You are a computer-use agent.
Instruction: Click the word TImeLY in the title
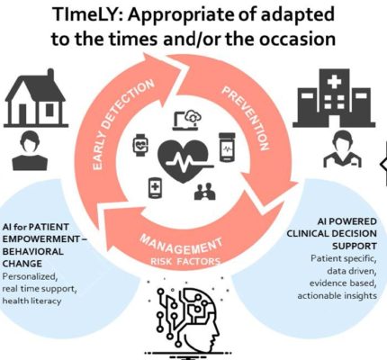[x=86, y=14]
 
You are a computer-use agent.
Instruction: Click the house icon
[x=35, y=98]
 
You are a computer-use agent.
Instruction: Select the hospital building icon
[x=334, y=98]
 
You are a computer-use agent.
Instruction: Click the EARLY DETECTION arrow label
[x=123, y=124]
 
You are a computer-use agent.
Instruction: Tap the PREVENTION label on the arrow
[x=246, y=118]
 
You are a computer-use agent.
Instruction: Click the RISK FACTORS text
[x=185, y=262]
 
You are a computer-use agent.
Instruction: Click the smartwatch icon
[x=140, y=145]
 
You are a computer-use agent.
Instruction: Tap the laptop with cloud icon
[x=186, y=121]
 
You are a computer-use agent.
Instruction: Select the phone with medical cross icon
[x=155, y=188]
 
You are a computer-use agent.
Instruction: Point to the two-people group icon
[x=205, y=192]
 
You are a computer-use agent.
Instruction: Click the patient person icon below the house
[x=30, y=150]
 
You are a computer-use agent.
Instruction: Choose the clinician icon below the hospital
[x=342, y=149]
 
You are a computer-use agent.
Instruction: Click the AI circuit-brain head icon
[x=188, y=318]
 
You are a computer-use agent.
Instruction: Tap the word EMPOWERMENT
[x=40, y=239]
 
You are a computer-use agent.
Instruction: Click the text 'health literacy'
[x=31, y=301]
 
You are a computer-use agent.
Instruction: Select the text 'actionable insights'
[x=337, y=296]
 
